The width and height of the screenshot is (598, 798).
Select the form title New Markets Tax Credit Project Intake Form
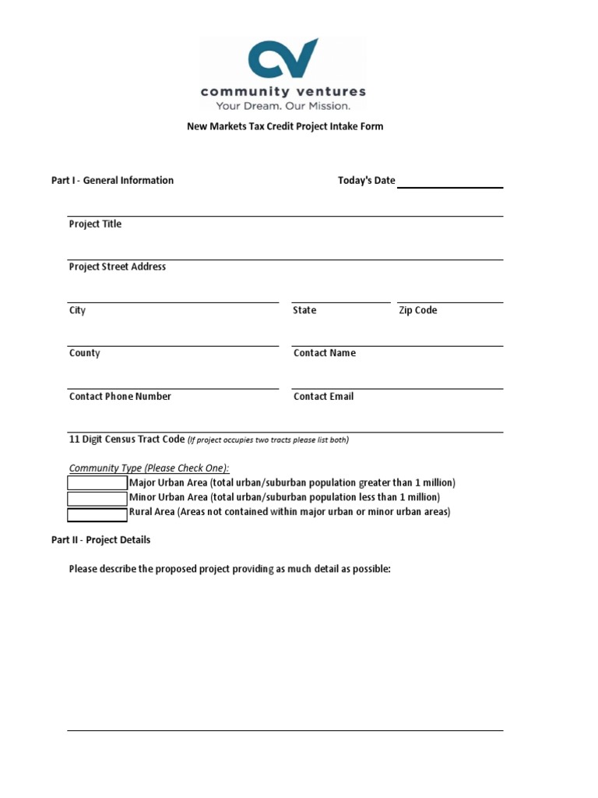pos(285,126)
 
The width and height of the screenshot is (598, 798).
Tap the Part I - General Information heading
pos(112,181)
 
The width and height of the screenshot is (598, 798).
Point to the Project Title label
pos(95,224)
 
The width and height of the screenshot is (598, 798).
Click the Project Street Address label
pos(118,267)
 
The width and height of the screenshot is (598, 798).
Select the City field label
pos(77,311)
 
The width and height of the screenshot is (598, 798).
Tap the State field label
pos(304,311)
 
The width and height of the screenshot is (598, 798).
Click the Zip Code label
pos(418,311)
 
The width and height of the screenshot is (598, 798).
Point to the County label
pos(85,354)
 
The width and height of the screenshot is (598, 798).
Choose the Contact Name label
pos(325,354)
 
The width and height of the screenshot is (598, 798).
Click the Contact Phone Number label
pos(120,397)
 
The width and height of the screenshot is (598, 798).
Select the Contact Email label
pos(323,397)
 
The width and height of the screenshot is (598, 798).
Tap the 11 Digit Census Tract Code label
pos(127,440)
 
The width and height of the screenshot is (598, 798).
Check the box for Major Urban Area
pos(97,483)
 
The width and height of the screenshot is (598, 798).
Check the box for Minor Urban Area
pos(97,498)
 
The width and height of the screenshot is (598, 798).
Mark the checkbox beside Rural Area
pos(97,514)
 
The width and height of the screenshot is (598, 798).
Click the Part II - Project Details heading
pos(100,540)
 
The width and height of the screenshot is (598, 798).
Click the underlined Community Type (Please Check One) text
pos(149,468)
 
